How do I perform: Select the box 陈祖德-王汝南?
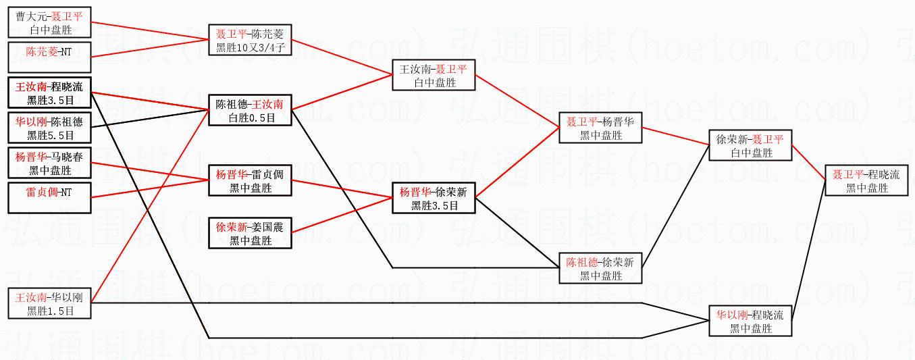(250, 111)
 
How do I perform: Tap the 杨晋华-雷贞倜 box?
(250, 181)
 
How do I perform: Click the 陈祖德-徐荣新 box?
(600, 268)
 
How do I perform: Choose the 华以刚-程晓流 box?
(750, 321)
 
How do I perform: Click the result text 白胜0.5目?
(250, 118)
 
